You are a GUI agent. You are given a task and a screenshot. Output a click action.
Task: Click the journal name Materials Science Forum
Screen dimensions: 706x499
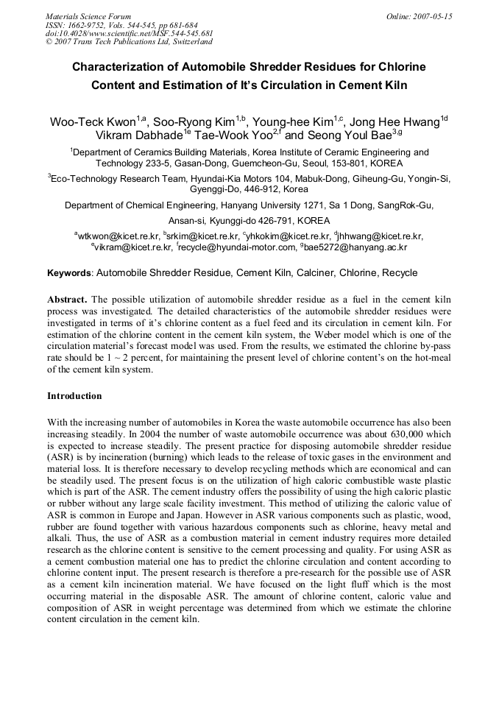tap(88, 16)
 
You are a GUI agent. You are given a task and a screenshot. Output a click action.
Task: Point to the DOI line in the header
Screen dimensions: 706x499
tap(129, 34)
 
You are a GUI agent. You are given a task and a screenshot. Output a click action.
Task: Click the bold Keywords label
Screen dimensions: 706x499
tap(70, 273)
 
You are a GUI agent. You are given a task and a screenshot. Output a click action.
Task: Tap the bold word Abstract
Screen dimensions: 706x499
tap(68, 300)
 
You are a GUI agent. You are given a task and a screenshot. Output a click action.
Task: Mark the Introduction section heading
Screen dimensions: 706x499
tap(74, 396)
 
